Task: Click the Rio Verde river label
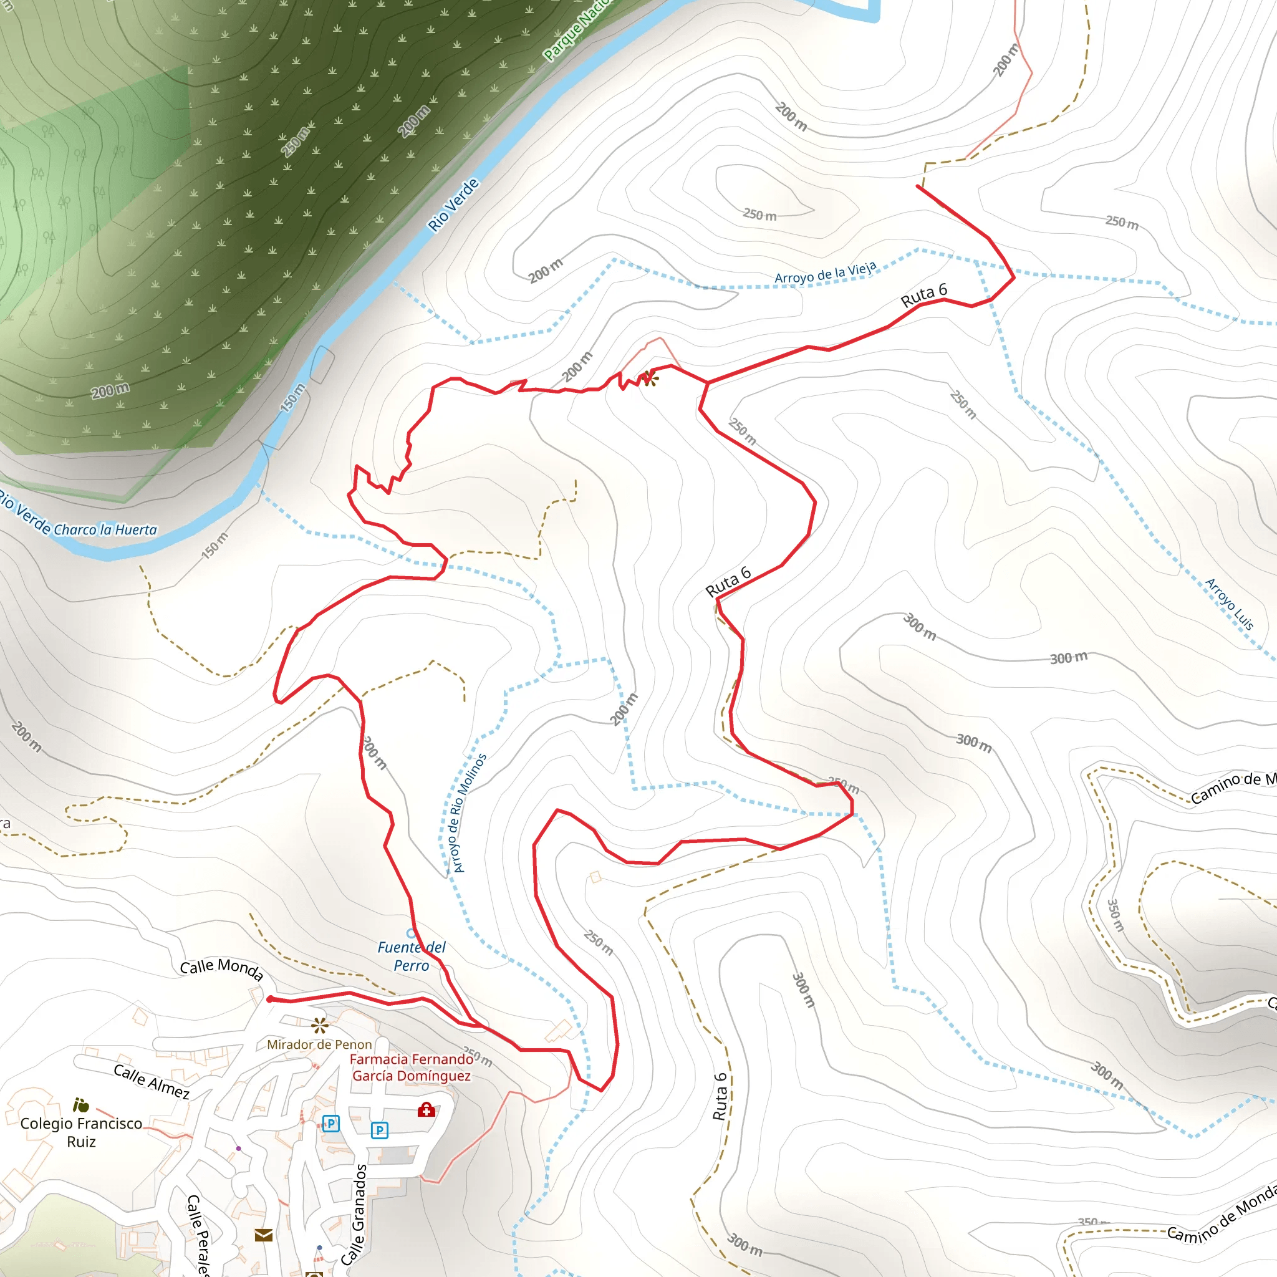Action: (453, 205)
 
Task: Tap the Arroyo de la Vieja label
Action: (825, 273)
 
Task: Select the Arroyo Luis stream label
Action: (1229, 604)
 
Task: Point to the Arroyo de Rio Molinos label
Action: (467, 813)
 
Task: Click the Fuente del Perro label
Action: (411, 957)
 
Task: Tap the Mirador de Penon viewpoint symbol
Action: (320, 1026)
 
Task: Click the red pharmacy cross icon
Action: (426, 1110)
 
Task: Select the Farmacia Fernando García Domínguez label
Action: (411, 1067)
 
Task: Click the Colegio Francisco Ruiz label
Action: (81, 1132)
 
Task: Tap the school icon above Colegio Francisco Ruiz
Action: (80, 1105)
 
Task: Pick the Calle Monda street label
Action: (221, 969)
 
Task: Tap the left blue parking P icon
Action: (331, 1123)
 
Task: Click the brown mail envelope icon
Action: (264, 1235)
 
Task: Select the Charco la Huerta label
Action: (105, 530)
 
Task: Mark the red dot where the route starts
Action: (269, 1000)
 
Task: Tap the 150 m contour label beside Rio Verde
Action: (293, 397)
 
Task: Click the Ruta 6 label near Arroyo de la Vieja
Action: (923, 295)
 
